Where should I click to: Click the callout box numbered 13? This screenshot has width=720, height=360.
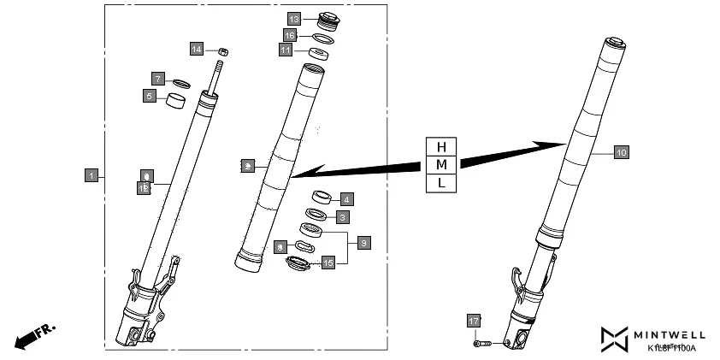[293, 18]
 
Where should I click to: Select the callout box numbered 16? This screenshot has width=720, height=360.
[291, 36]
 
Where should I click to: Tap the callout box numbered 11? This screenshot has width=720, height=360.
[286, 51]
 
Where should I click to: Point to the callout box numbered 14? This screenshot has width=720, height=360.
[197, 50]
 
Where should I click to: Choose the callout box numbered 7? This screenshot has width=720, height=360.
[158, 79]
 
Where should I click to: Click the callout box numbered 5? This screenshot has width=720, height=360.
[149, 97]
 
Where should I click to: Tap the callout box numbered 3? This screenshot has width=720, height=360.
[342, 217]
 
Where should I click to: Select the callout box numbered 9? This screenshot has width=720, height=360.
[364, 244]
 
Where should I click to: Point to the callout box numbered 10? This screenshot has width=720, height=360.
[622, 152]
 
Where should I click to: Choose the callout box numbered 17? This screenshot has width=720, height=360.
[475, 321]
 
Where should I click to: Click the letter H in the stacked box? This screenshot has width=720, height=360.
[441, 145]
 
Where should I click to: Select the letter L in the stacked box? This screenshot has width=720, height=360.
[441, 183]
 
